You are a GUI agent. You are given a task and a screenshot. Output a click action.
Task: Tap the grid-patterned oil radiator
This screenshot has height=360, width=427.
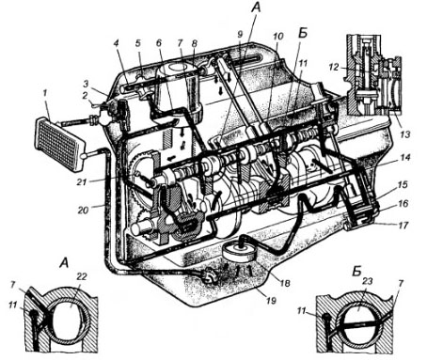60,144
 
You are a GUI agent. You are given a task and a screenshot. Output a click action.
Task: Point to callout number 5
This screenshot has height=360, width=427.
138,42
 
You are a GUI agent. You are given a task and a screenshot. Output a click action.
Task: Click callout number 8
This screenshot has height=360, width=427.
195,43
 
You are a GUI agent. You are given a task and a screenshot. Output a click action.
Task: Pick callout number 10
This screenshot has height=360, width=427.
277,37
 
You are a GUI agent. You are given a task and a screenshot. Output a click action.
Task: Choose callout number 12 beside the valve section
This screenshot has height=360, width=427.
335,67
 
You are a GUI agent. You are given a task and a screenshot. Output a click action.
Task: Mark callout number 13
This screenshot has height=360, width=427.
404,134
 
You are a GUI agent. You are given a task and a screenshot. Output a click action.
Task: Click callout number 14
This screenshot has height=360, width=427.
405,157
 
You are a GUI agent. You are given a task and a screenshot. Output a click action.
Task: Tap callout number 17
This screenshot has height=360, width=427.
403,225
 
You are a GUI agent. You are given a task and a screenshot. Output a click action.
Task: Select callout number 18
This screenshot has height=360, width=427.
285,283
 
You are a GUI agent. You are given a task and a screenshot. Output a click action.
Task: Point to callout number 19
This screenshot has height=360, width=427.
271,301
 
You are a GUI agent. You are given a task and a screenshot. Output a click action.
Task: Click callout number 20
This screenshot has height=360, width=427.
84,210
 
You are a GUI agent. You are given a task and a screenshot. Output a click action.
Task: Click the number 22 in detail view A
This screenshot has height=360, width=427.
81,277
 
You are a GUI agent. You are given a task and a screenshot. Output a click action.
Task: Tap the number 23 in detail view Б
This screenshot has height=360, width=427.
367,281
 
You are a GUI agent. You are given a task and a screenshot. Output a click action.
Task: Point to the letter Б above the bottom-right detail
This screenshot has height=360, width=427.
357,272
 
